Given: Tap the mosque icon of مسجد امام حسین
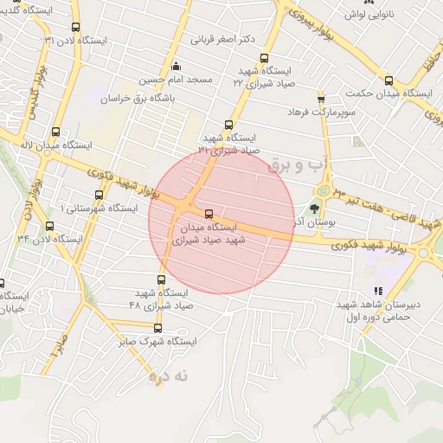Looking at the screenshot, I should [x=177, y=66].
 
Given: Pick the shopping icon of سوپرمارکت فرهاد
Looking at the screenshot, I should [x=321, y=99].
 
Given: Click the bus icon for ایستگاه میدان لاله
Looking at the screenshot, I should [x=56, y=132].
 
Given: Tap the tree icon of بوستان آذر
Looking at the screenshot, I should [x=315, y=207].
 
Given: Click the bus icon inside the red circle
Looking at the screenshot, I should [x=208, y=213].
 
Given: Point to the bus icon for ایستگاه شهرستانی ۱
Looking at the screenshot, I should [x=96, y=195].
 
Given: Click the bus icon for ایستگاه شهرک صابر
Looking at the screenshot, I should [x=157, y=328].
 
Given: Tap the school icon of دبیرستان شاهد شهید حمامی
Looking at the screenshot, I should [x=377, y=292].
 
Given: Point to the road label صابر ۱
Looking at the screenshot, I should [x=56, y=350].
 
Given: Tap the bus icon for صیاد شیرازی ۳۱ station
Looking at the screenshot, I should [x=228, y=124].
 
